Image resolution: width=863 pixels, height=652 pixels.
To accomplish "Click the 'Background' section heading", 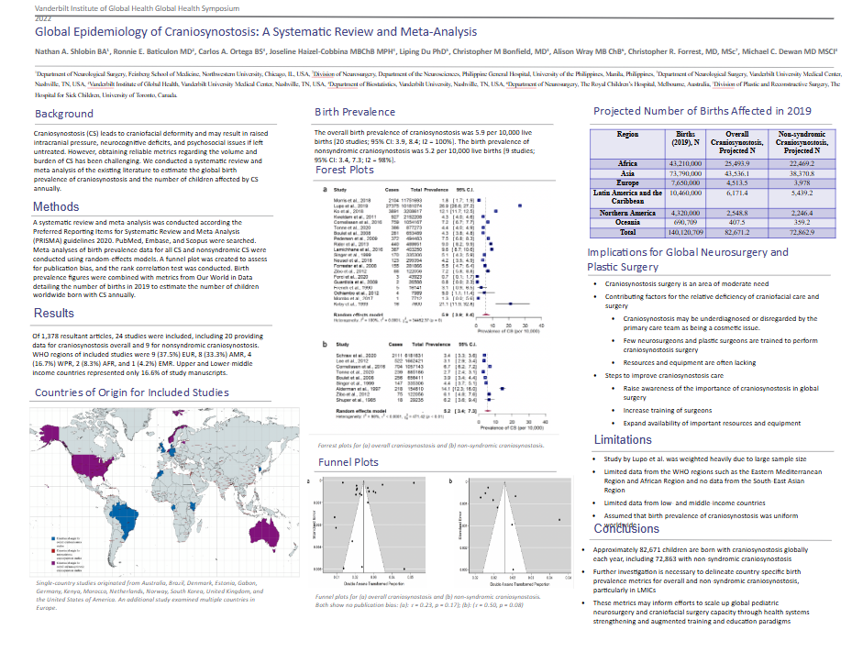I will point(64,114).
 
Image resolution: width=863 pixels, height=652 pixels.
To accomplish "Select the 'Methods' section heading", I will point(56,206).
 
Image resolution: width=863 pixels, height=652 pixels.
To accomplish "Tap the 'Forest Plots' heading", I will point(346,170).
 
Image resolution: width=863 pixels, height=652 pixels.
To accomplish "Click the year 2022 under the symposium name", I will point(17,17).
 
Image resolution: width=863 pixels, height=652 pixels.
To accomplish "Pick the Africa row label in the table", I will point(628,162).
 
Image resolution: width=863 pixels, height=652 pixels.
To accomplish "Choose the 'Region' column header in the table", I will point(628,134).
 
